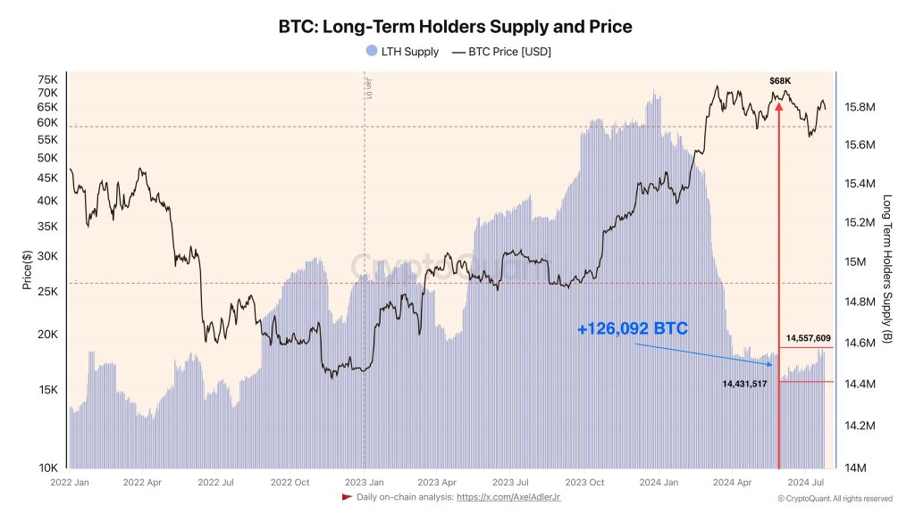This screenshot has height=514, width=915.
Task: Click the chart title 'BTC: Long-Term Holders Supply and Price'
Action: tap(457, 27)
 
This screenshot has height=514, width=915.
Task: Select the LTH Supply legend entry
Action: tap(402, 52)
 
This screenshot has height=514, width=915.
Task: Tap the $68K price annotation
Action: tap(779, 81)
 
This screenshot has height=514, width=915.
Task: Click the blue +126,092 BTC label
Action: tap(632, 329)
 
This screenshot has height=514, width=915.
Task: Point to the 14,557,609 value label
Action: tap(808, 338)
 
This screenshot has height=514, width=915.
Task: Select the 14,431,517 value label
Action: tap(744, 384)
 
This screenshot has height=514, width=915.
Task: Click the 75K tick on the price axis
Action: tap(47, 79)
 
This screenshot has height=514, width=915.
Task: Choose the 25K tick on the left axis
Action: tap(47, 292)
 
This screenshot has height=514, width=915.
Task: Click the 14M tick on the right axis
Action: tap(853, 468)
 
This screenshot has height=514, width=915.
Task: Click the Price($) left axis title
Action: tap(28, 271)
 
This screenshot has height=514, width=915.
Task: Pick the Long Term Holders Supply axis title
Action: tap(887, 269)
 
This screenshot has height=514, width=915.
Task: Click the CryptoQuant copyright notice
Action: tap(834, 498)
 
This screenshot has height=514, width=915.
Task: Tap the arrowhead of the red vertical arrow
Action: tap(779, 105)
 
